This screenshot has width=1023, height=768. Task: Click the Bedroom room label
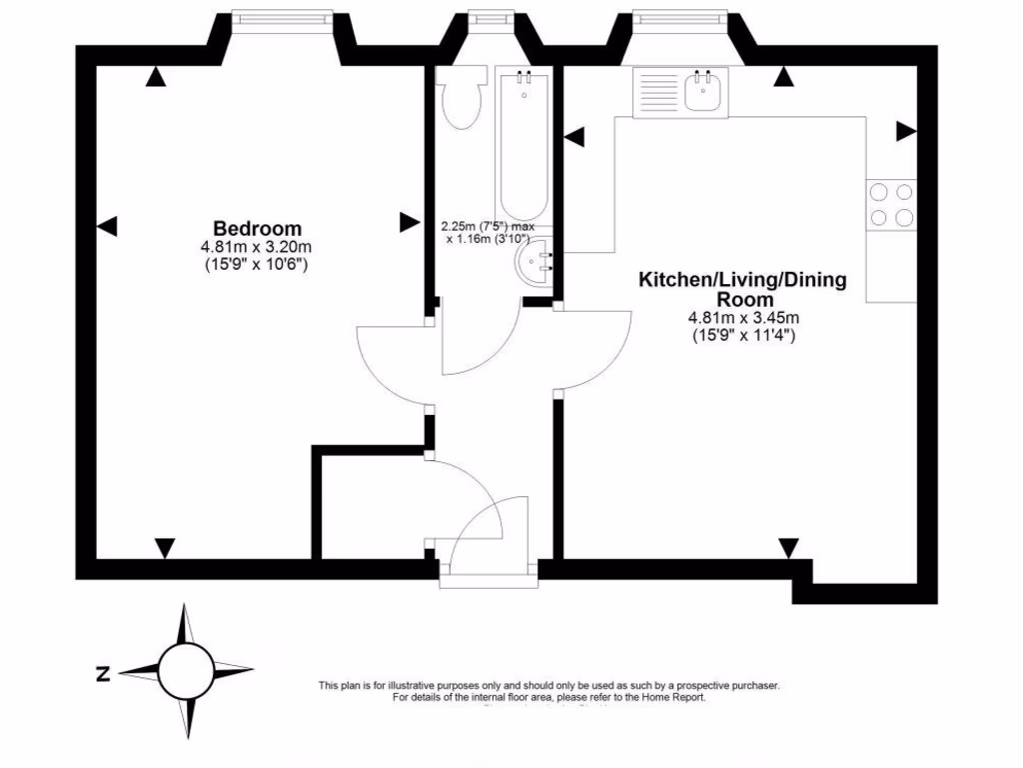coord(257,228)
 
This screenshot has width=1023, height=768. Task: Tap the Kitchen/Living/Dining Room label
coord(742,289)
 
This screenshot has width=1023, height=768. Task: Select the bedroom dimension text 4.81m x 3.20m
coord(257,247)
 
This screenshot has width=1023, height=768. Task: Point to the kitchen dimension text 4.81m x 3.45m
coord(743,319)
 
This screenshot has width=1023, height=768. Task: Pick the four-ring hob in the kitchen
coord(891,204)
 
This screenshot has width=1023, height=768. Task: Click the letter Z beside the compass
coord(102,673)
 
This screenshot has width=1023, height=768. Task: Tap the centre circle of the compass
coord(186,671)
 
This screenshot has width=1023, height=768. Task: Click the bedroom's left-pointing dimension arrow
coord(107,227)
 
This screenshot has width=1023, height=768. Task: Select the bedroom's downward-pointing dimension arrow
coord(165,547)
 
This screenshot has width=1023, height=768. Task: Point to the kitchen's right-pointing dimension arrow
coord(906,131)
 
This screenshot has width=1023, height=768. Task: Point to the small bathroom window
coord(487,17)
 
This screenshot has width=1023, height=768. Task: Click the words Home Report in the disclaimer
coord(678,697)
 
